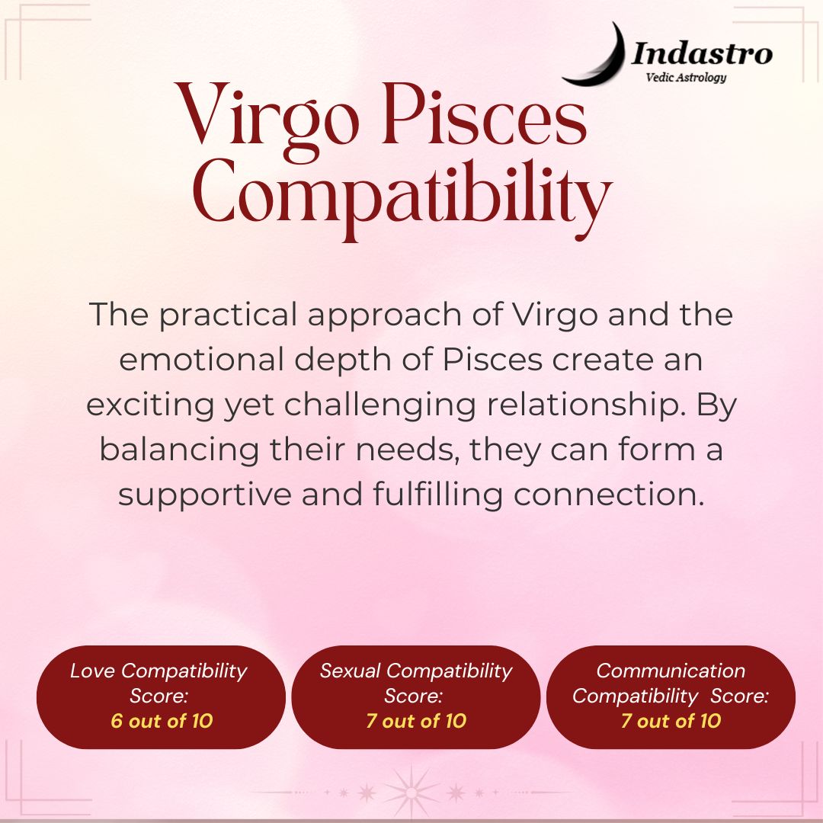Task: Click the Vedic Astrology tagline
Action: click(x=686, y=77)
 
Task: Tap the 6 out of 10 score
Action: click(x=162, y=721)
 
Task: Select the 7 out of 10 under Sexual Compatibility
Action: click(x=416, y=721)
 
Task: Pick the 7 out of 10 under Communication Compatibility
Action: click(x=671, y=721)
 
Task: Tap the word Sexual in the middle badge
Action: click(x=350, y=671)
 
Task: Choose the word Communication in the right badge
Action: click(x=671, y=671)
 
